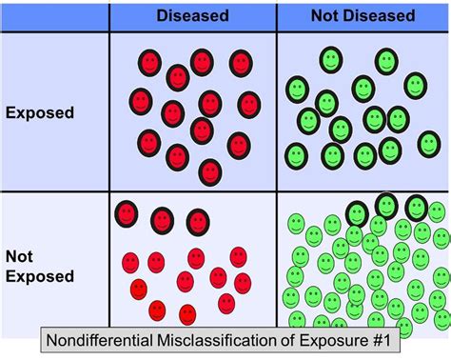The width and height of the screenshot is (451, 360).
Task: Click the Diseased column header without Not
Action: click(x=192, y=16)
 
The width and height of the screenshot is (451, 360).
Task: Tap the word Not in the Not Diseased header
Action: click(x=325, y=16)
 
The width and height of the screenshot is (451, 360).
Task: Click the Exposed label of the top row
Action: click(x=41, y=113)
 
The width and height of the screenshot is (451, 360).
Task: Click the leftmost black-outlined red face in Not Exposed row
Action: click(x=126, y=214)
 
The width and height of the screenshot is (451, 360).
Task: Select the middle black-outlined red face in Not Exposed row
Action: click(x=162, y=220)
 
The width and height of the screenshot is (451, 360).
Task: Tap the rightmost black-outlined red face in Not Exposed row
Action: click(x=197, y=221)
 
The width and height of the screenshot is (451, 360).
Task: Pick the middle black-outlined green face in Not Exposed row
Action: click(x=386, y=204)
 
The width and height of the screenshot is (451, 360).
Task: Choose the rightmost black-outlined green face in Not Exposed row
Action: click(x=416, y=208)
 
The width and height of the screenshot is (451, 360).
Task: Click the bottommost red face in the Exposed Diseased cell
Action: click(x=210, y=171)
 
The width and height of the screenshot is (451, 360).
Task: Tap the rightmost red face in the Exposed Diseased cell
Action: click(x=249, y=104)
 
